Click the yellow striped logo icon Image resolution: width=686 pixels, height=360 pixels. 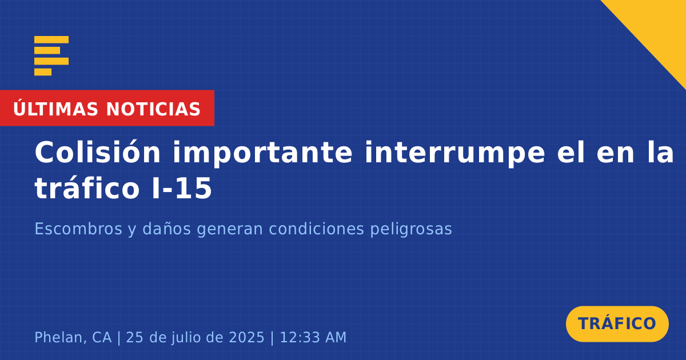(x=51, y=56)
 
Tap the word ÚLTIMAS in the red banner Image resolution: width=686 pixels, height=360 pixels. (x=55, y=109)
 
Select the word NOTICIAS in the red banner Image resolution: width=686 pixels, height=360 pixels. (x=153, y=109)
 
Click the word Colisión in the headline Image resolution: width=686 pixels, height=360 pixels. (x=98, y=152)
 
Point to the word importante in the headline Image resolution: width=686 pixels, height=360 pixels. (x=263, y=154)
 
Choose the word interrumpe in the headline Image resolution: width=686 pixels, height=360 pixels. (x=455, y=154)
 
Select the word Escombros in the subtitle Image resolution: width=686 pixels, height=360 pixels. (x=78, y=229)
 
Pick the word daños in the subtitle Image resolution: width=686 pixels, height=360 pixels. (x=166, y=229)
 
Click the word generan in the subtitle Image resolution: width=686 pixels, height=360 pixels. (x=230, y=230)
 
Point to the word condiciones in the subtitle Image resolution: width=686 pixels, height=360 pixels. (x=317, y=229)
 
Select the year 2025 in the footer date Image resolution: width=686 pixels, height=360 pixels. (x=246, y=337)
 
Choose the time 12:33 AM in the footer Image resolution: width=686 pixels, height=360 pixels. (x=313, y=337)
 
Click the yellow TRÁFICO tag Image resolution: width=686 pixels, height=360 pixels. (x=617, y=324)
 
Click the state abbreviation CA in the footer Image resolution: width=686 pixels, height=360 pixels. (x=102, y=337)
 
